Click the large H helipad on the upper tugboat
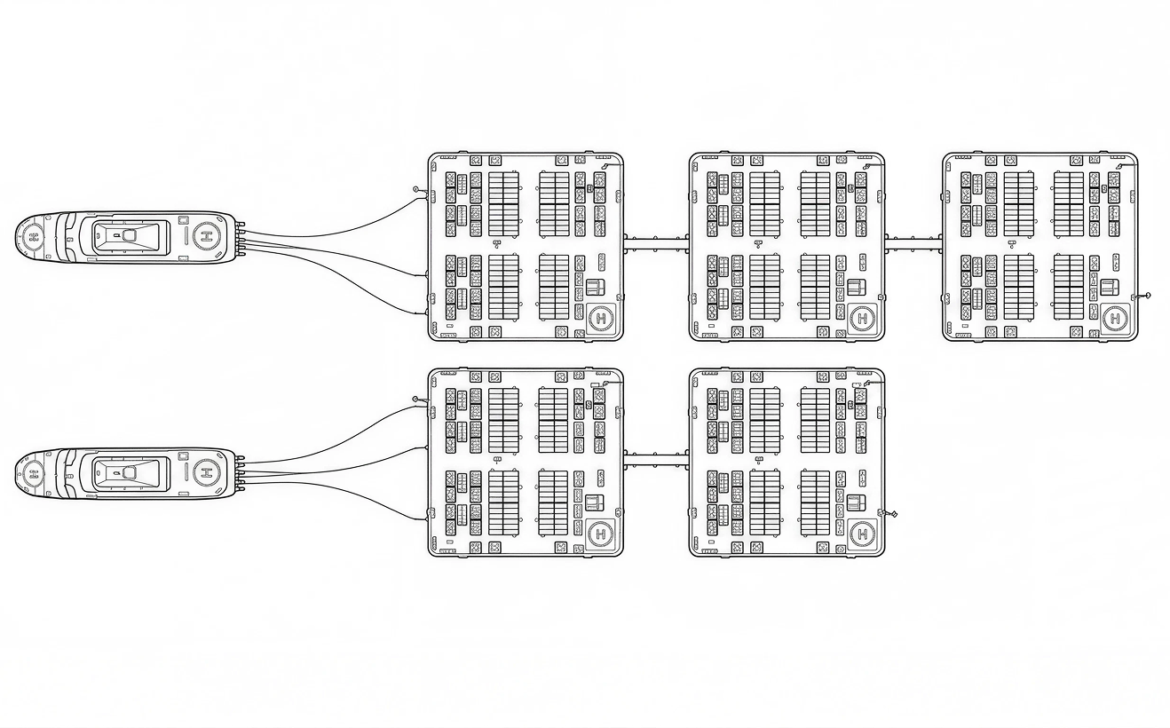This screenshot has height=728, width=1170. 208,236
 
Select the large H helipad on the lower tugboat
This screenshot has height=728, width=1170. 208,472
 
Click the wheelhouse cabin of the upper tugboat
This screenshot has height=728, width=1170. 130,237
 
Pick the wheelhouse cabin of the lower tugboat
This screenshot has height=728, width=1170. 130,474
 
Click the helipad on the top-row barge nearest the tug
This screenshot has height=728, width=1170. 601,318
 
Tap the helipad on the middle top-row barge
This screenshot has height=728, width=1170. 862,318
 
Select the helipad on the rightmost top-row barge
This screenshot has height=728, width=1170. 1116,318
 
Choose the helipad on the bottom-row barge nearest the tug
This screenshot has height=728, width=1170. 601,534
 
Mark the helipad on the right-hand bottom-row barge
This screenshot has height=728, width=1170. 862,534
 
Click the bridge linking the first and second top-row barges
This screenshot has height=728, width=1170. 656,243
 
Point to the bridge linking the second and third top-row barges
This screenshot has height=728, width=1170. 913,243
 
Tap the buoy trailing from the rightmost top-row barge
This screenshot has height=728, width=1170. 1148,297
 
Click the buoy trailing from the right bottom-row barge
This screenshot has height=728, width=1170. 893,514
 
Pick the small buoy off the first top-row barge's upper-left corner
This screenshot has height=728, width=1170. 415,189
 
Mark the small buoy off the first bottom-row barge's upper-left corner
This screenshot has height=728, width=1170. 415,400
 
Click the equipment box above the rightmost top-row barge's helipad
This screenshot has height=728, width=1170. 1110,287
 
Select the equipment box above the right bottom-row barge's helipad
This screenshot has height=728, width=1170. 856,502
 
